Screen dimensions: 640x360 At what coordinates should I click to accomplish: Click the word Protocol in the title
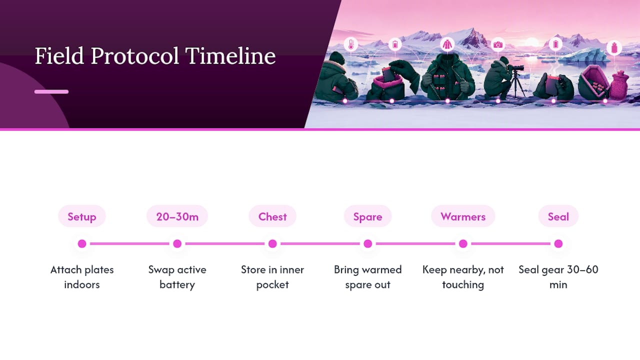135,56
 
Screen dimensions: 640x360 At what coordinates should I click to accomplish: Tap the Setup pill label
82,216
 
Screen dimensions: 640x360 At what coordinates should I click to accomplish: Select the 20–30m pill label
177,216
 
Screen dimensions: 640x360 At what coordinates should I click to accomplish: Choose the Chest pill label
272,216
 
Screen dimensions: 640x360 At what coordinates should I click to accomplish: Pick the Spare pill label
367,216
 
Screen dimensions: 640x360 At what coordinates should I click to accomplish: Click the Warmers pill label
463,216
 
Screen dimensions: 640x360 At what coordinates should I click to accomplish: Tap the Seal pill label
558,216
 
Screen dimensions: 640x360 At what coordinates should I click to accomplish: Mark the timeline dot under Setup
82,243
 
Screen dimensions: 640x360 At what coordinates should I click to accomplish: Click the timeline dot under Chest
272,243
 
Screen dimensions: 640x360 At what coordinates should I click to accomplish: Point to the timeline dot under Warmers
463,243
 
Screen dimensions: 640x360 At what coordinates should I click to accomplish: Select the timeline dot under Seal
558,243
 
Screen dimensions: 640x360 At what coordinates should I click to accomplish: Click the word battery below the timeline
177,285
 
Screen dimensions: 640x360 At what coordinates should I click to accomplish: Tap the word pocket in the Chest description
272,285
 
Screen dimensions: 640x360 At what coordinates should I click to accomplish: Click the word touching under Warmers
463,285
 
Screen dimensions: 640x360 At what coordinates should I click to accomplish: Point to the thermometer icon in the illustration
351,44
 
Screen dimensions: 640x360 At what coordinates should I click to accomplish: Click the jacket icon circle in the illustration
447,44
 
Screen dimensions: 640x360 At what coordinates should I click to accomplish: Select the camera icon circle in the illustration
498,44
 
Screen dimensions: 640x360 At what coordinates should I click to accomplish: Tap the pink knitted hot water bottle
619,85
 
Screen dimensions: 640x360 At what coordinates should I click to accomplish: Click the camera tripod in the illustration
516,85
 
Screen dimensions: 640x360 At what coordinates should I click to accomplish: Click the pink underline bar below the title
51,91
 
